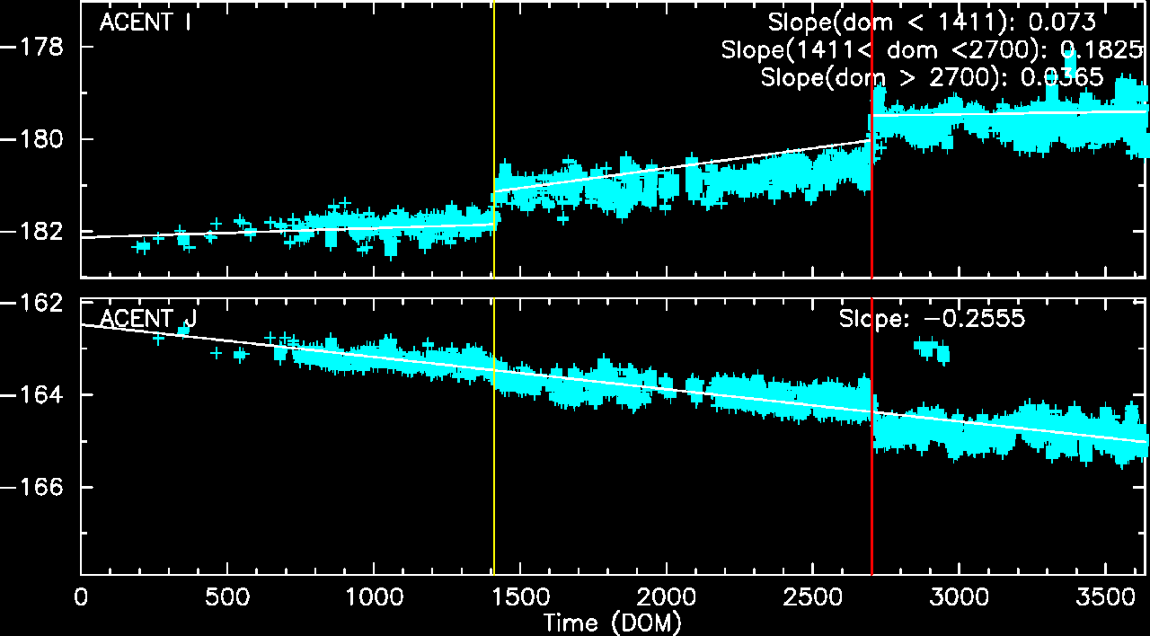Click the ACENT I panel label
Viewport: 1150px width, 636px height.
(x=146, y=23)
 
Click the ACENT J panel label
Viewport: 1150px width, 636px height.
(x=148, y=319)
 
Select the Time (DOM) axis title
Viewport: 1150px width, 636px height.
(x=612, y=622)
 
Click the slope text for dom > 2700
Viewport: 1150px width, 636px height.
(x=932, y=77)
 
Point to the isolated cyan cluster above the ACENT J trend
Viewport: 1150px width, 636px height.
(x=931, y=349)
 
